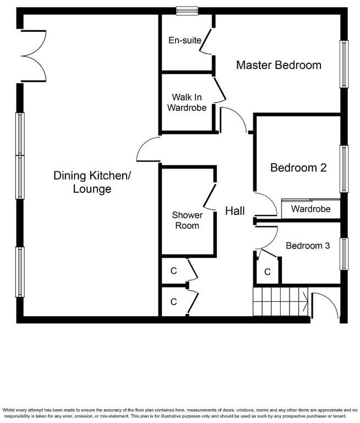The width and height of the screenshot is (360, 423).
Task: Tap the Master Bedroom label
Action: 279,65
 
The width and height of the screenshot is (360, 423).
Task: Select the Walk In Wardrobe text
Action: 187,102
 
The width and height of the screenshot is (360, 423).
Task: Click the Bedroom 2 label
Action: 298,168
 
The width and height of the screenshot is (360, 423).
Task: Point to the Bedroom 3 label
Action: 308,246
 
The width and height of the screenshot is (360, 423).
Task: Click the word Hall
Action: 235,211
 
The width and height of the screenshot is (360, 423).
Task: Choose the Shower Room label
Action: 187,220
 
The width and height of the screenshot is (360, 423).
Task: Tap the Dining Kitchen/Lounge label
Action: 92,182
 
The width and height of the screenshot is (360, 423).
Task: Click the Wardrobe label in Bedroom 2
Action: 310,209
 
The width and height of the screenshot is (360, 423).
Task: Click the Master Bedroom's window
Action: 344,65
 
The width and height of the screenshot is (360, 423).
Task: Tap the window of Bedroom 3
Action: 344,254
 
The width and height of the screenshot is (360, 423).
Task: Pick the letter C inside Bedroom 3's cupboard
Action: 268,272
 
